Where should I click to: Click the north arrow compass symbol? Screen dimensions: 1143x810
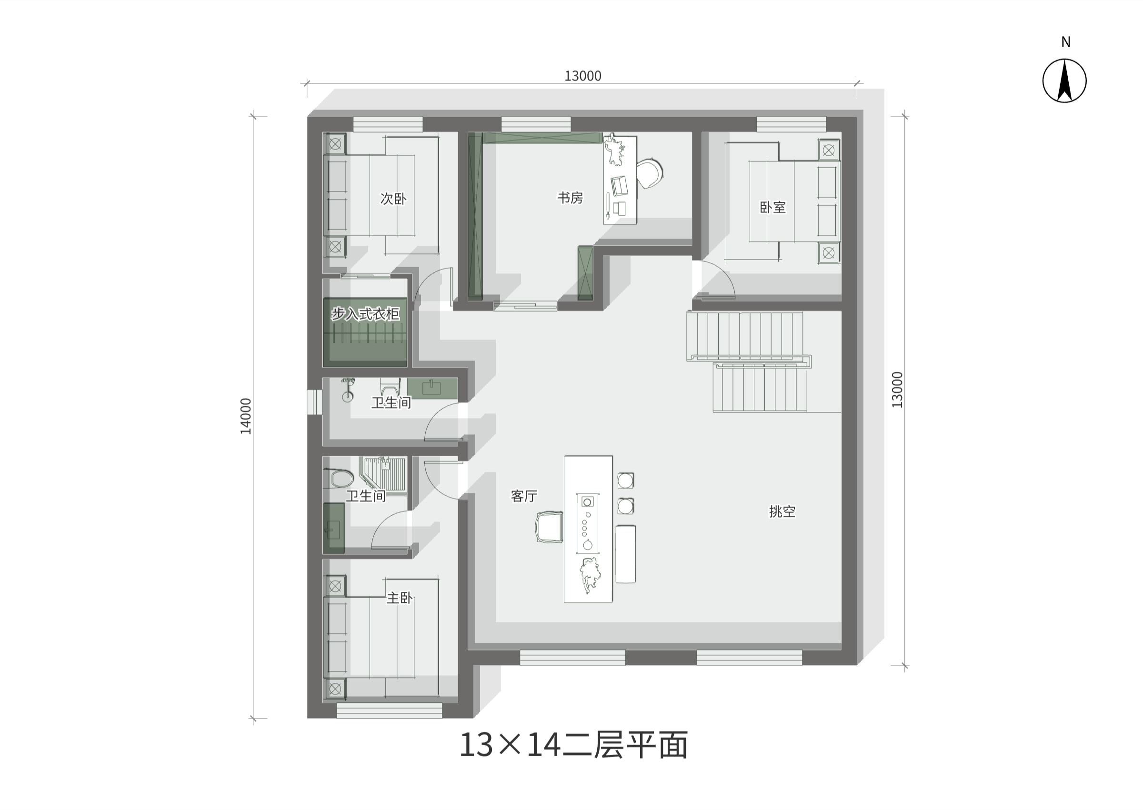point(1064,81)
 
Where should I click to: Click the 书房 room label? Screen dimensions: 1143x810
point(570,198)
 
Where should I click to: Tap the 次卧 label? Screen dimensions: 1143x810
point(393,199)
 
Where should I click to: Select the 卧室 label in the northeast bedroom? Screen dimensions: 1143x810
point(772,208)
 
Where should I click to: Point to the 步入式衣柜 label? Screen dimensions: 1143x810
point(366,314)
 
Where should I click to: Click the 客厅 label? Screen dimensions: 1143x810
point(523,496)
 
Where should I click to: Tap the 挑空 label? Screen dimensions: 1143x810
point(782,511)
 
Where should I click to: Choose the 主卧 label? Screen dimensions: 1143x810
point(400,598)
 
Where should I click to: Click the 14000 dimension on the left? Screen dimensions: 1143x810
point(246,416)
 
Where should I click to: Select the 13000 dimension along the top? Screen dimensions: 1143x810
point(582,76)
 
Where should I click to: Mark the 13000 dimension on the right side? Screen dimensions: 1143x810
point(897,390)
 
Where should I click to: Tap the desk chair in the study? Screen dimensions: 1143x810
point(650,173)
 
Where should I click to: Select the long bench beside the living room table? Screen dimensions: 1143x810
point(626,554)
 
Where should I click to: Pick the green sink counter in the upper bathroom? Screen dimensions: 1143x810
point(432,388)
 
